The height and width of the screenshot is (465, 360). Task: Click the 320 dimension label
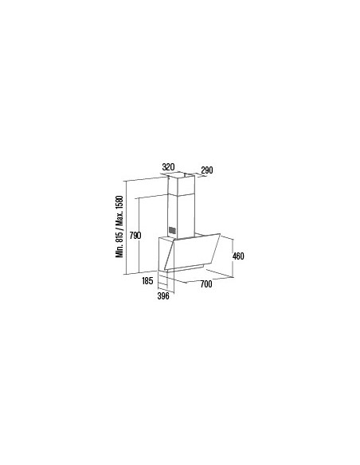click(167, 167)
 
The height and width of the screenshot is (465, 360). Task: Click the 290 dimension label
click(207, 170)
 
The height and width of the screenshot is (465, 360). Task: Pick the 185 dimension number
click(147, 281)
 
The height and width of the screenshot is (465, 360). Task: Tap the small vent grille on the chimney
click(171, 231)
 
